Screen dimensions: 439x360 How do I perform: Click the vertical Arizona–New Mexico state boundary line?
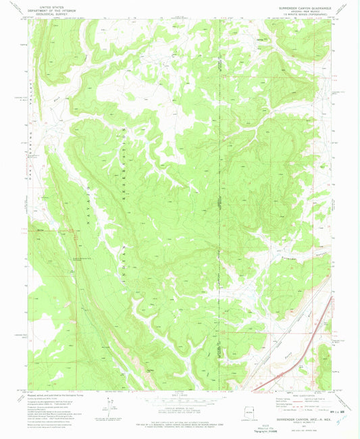point(220,203)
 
